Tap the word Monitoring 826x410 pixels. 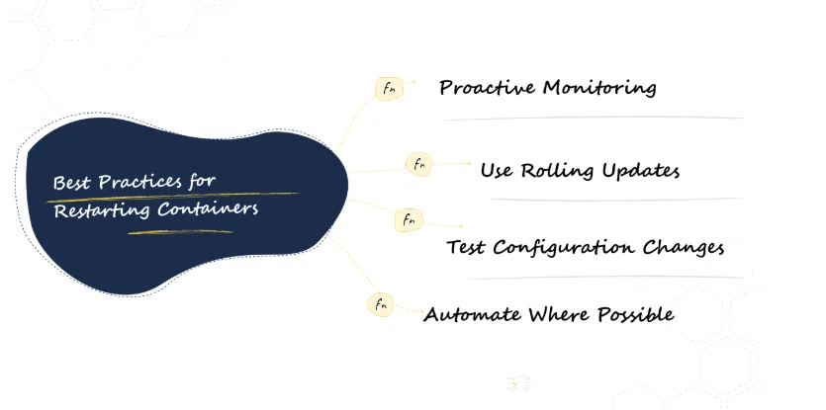pos(599,88)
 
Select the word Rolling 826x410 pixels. pos(558,171)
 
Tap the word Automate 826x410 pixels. pos(473,315)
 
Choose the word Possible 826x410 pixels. pos(636,314)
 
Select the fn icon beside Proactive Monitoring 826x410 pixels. pos(390,88)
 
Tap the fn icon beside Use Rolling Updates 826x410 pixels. pos(419,164)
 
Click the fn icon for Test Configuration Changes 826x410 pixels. pos(409,220)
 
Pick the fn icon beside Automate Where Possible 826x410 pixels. pos(380,304)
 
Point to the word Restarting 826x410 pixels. pos(102,210)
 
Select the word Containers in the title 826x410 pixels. pos(208,208)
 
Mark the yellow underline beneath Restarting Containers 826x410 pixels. pos(181,231)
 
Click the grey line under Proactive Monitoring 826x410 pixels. pos(595,119)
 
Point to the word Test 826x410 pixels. pos(466,247)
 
